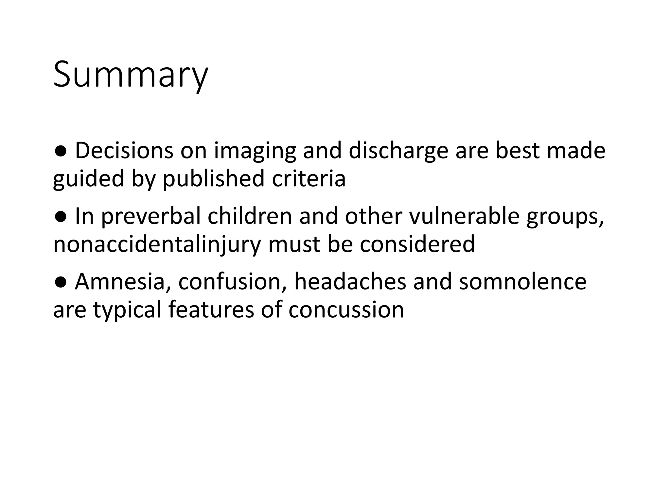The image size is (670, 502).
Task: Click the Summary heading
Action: pos(130,75)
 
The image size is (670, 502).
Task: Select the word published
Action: pos(213,179)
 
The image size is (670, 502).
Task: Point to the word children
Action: pos(249,216)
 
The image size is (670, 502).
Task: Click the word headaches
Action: pos(350,282)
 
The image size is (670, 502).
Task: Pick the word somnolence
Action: pos(522,282)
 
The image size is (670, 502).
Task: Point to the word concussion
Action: pos(346,310)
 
